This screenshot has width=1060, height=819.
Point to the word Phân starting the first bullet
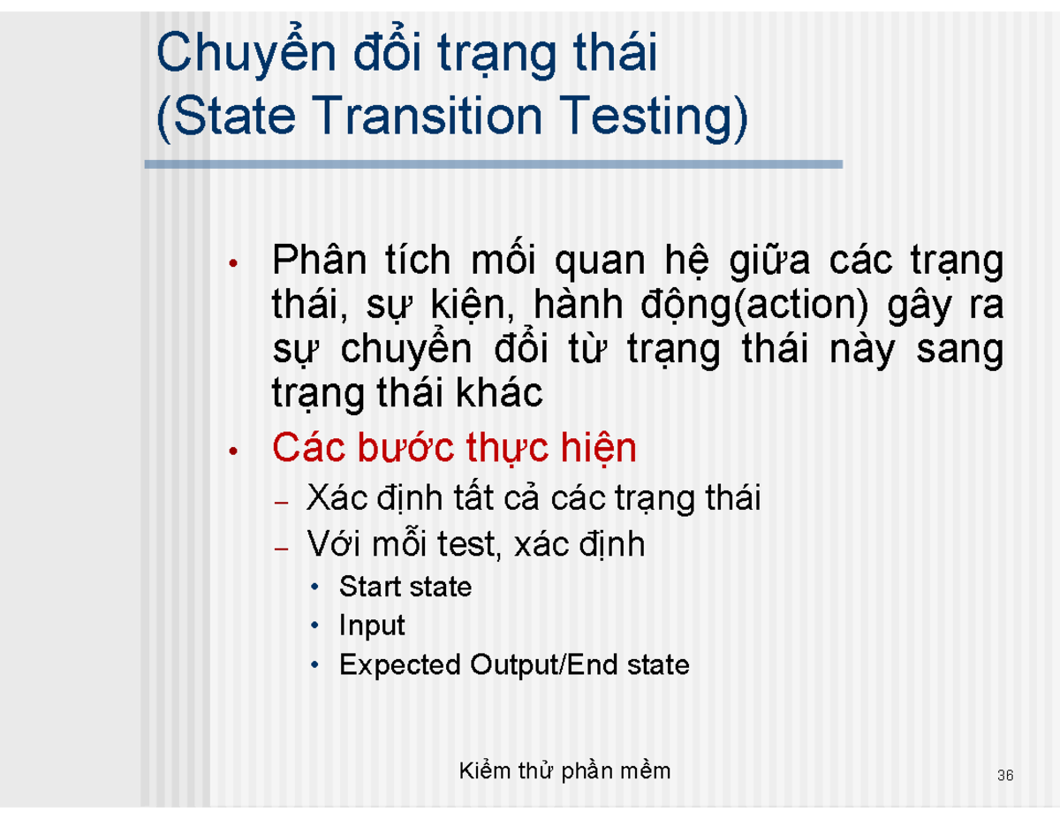tap(314, 262)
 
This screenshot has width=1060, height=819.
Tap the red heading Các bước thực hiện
tap(454, 449)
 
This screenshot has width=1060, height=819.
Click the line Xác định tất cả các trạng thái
tap(533, 499)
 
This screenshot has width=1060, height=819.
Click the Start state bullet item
tap(405, 587)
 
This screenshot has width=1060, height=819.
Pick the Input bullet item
tap(371, 626)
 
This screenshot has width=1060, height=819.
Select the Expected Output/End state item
tap(513, 664)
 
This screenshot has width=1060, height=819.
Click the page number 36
tap(1004, 777)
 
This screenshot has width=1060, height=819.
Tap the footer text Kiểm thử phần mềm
tap(565, 771)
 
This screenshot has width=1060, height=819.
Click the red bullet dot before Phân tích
tap(232, 264)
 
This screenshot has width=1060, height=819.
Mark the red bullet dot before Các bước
tap(232, 452)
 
